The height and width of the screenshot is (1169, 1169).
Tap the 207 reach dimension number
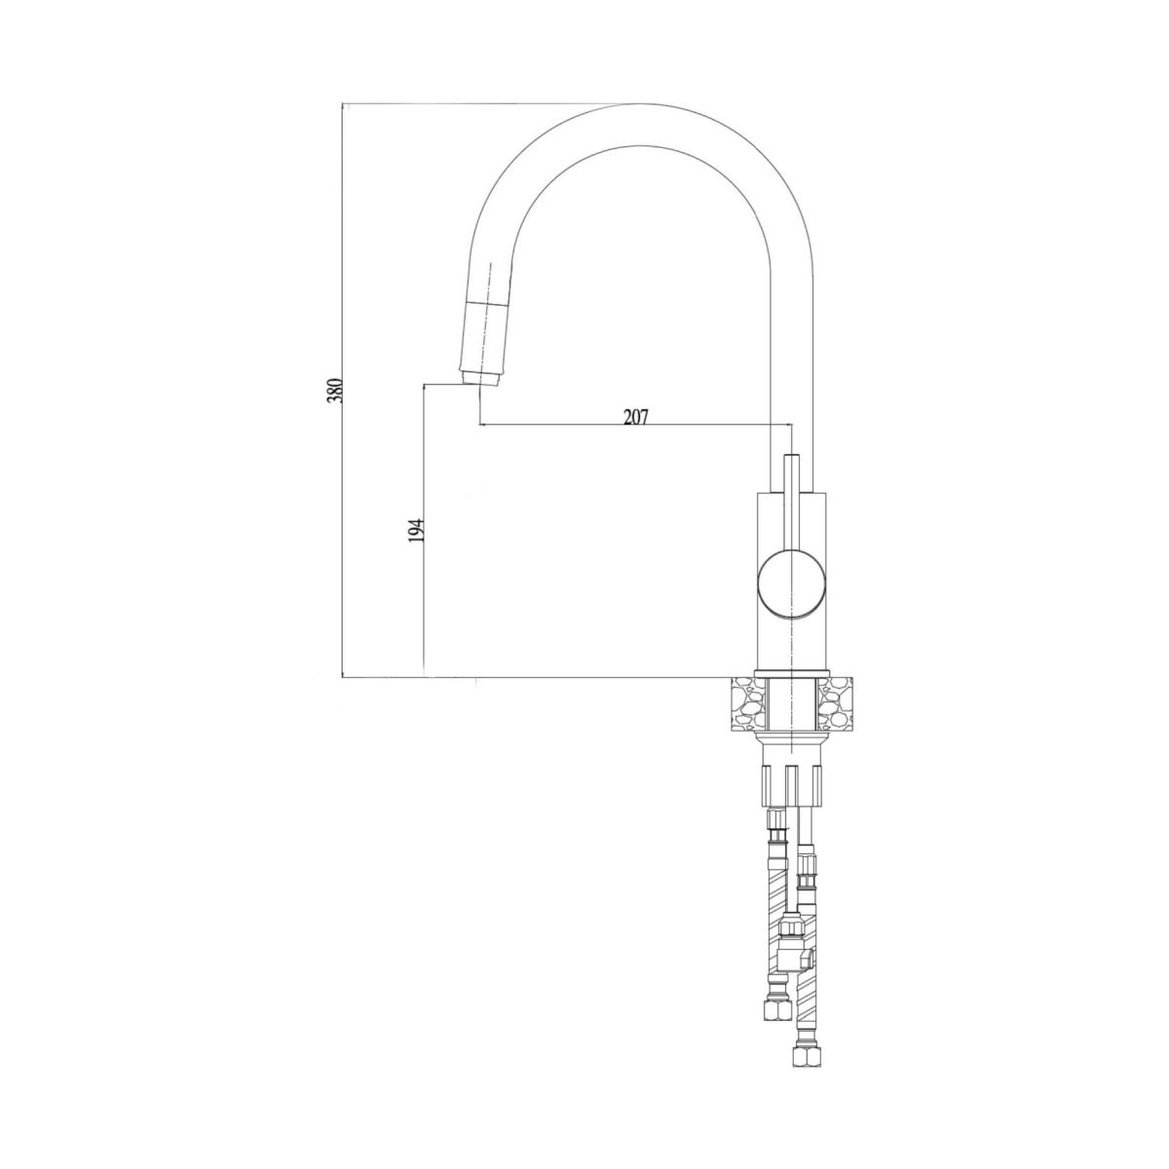pyautogui.click(x=636, y=417)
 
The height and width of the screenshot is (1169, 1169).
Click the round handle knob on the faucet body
pyautogui.click(x=792, y=584)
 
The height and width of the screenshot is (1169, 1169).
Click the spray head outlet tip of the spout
pyautogui.click(x=480, y=379)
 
